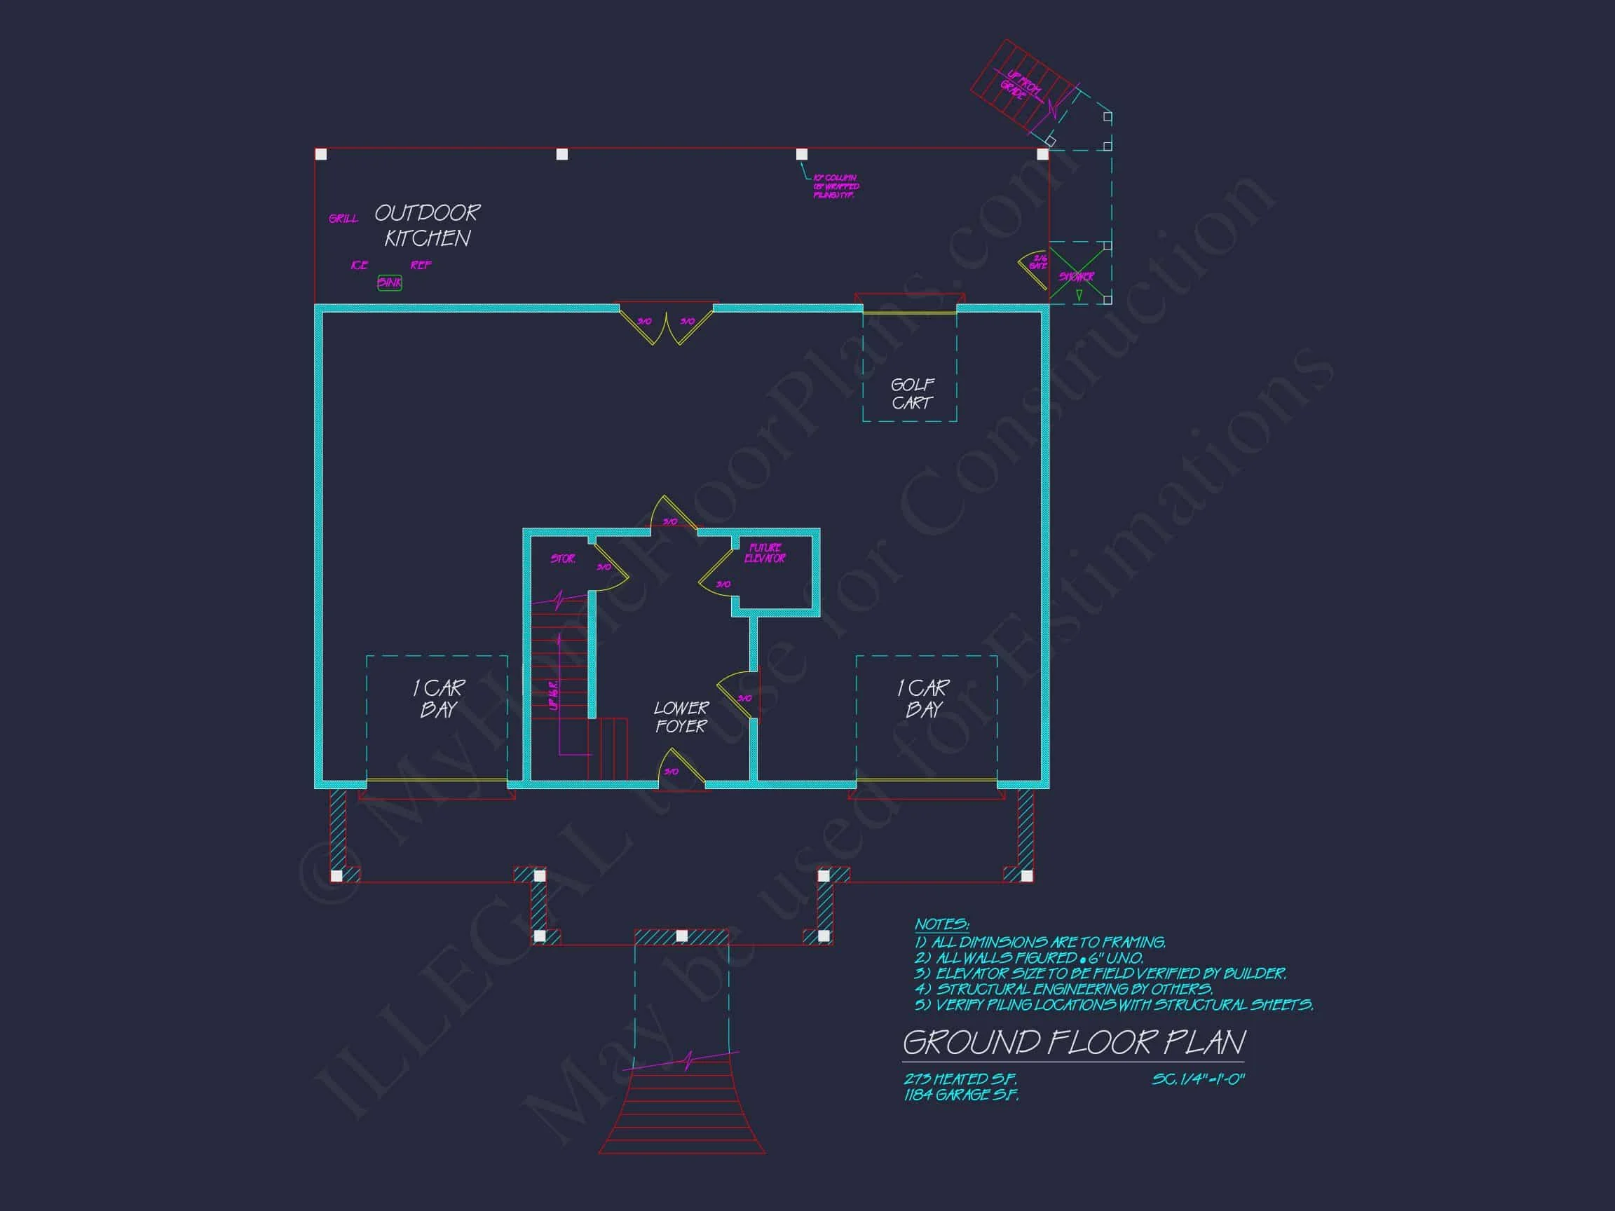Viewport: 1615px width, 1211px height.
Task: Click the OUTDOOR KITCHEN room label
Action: tap(427, 226)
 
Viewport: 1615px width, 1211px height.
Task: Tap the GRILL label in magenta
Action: tap(343, 219)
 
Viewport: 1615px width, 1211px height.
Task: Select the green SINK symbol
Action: tap(389, 282)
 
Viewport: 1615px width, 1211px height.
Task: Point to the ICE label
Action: tap(359, 265)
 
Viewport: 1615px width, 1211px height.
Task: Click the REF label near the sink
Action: tap(421, 265)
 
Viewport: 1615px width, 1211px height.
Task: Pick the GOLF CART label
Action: tap(912, 393)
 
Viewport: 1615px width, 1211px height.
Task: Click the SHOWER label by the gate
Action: tap(1076, 277)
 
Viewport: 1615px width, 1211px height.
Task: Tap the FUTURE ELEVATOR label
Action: tap(765, 552)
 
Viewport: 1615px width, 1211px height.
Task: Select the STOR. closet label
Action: tap(563, 559)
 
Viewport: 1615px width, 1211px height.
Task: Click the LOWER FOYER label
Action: tap(681, 717)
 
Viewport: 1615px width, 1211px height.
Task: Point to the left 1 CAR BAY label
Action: tap(439, 699)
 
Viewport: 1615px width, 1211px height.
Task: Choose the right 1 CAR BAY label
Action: tap(924, 699)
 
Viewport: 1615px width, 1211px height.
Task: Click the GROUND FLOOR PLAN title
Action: tap(1073, 1042)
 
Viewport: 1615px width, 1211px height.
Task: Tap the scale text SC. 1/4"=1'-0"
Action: tap(1197, 1079)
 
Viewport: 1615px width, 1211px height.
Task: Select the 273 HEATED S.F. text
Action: tap(960, 1079)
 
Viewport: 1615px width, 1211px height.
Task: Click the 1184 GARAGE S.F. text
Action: tap(961, 1095)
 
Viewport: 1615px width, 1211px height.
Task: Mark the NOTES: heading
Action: tap(941, 925)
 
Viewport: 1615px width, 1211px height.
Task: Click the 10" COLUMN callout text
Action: tap(836, 186)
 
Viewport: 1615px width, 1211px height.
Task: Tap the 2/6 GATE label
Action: tap(1039, 262)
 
